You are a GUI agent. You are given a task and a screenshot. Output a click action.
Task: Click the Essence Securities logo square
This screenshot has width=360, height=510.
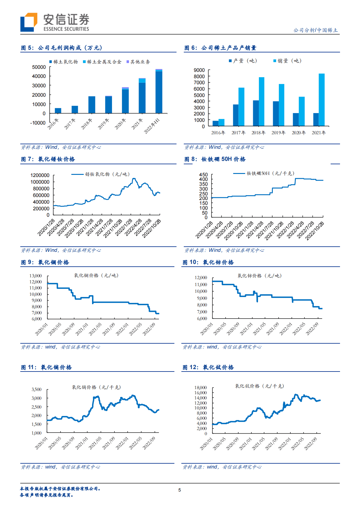(x=29, y=22)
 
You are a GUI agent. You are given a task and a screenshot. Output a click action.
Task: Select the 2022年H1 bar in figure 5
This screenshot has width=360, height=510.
(x=159, y=92)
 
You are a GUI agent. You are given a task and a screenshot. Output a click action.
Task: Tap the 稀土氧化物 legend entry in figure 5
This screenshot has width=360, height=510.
(x=64, y=62)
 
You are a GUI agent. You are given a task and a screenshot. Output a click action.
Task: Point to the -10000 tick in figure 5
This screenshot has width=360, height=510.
(x=38, y=123)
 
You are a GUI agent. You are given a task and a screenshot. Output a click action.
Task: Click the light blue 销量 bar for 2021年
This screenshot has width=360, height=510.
(x=322, y=100)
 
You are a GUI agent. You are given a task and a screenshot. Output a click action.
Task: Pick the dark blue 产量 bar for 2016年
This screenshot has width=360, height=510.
(x=215, y=123)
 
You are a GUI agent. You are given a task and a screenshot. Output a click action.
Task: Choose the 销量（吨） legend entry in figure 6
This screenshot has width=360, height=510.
(x=287, y=61)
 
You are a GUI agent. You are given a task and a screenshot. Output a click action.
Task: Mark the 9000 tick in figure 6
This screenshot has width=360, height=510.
(x=199, y=70)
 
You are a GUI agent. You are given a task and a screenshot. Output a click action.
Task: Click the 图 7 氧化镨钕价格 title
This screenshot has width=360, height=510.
(x=48, y=159)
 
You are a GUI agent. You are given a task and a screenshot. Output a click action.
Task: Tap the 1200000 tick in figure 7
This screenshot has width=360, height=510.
(x=40, y=175)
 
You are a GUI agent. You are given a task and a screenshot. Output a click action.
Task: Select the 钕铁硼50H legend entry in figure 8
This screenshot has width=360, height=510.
(x=264, y=173)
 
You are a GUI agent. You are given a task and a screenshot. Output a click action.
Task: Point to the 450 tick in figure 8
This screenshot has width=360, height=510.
(x=203, y=175)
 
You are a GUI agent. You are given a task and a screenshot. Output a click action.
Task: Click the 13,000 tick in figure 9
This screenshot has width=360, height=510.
(x=36, y=276)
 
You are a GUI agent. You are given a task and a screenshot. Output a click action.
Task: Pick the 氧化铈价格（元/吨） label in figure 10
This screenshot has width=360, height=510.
(x=260, y=276)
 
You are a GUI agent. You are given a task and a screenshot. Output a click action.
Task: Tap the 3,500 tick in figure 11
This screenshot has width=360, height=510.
(x=36, y=389)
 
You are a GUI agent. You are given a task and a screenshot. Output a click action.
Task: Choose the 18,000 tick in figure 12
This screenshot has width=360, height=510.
(x=200, y=388)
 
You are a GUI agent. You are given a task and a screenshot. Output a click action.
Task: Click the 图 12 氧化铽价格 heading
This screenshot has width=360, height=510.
(x=208, y=367)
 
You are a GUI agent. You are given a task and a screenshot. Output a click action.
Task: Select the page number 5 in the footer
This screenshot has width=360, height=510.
(x=180, y=490)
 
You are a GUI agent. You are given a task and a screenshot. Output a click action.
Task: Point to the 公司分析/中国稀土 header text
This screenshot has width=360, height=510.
(x=315, y=30)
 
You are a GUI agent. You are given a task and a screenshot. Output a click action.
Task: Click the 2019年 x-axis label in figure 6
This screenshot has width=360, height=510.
(x=279, y=133)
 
